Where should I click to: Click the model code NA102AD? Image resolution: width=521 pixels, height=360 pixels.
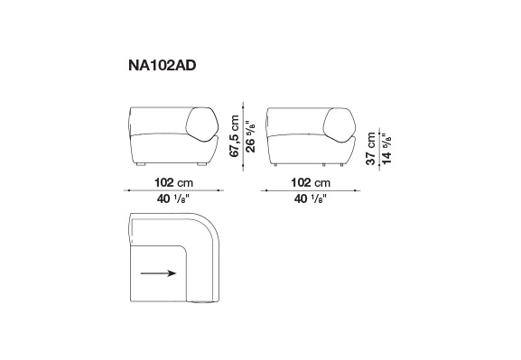(163, 66)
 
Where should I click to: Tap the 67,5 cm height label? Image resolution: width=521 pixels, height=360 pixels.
(235, 136)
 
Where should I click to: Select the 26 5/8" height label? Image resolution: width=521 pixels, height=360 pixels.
(251, 136)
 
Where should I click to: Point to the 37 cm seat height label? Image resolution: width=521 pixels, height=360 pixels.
(370, 149)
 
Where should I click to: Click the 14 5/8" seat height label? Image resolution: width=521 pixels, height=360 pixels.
(386, 149)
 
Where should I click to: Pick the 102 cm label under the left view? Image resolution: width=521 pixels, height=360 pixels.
(173, 182)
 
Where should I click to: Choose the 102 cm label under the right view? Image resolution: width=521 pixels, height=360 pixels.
(311, 182)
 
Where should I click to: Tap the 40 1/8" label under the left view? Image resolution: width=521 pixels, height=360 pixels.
(173, 198)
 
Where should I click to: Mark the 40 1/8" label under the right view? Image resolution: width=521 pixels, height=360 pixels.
(311, 198)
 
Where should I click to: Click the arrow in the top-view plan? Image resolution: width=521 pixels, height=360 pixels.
(158, 273)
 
